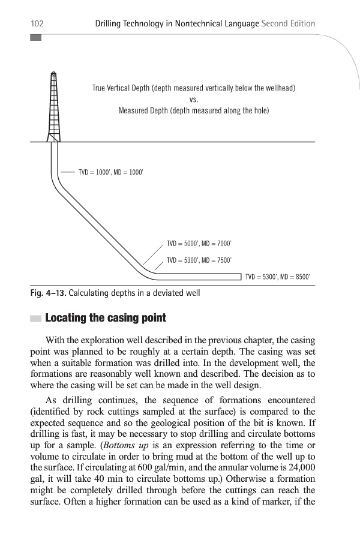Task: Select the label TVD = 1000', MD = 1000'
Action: [111, 172]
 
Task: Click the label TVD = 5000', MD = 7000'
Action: [199, 244]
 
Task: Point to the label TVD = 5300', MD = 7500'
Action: [199, 260]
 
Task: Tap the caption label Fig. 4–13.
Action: [48, 293]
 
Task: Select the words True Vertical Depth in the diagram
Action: [121, 88]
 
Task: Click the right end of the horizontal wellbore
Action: [239, 277]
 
